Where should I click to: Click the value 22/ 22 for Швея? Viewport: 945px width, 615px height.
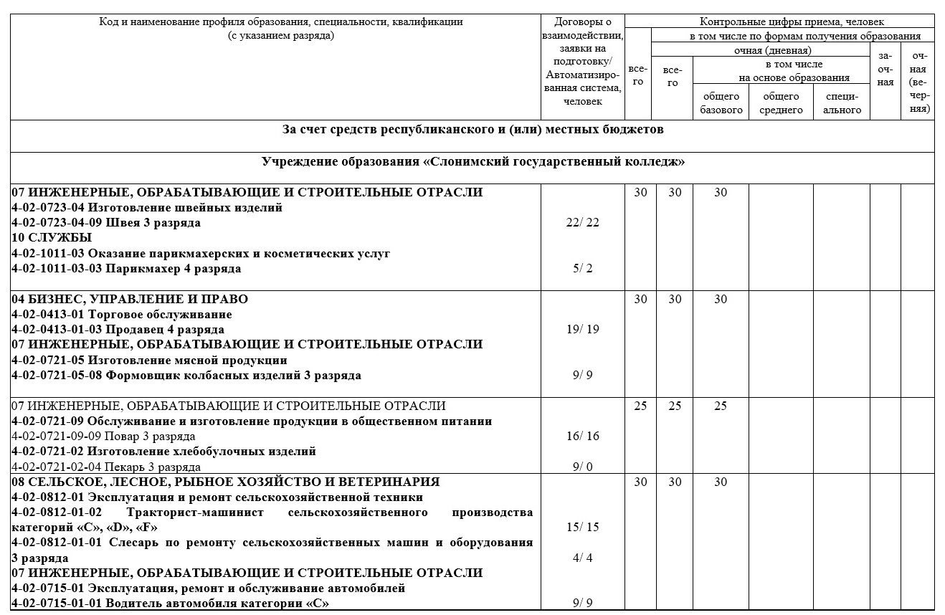point(582,223)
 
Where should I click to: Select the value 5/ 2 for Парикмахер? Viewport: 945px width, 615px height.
point(582,269)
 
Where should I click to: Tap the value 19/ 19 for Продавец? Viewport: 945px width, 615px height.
point(582,330)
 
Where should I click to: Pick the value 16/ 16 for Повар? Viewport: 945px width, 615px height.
point(582,437)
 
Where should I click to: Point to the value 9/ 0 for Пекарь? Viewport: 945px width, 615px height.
point(582,467)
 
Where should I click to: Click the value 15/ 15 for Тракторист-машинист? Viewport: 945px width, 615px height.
point(582,528)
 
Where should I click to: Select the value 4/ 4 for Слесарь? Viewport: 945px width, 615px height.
point(582,558)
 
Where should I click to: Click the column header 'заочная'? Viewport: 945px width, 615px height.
point(886,69)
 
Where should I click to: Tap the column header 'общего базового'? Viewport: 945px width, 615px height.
point(721,103)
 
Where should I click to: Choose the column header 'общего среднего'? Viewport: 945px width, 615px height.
point(781,103)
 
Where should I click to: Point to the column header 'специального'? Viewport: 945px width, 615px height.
point(842,103)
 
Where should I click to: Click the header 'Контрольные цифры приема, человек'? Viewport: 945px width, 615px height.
point(781,22)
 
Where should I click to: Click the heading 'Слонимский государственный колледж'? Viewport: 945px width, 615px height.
point(472,162)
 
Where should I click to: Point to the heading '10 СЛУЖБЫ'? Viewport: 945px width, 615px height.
point(52,238)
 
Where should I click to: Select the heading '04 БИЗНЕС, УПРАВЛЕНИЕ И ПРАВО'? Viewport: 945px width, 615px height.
point(130,299)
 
